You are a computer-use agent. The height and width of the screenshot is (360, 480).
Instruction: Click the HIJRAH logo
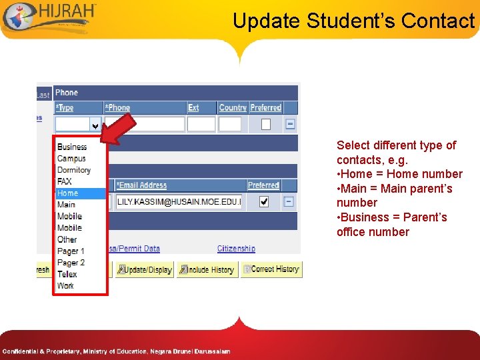pos(50,17)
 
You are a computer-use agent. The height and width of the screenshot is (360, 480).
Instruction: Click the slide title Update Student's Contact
pos(353,21)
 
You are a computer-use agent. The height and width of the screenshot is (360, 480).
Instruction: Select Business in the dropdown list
pos(72,147)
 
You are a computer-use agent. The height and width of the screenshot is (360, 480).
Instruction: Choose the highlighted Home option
pos(67,193)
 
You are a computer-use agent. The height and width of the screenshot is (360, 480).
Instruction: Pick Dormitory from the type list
pos(73,170)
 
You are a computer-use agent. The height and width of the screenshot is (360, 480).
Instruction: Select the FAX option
pos(65,181)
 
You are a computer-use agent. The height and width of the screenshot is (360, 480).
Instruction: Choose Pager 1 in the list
pos(71,251)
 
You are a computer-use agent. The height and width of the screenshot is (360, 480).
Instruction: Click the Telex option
pos(67,274)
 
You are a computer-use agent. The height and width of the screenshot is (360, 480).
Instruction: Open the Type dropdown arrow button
pos(95,125)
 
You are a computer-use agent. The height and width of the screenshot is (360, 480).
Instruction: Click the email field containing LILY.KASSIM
pos(179,201)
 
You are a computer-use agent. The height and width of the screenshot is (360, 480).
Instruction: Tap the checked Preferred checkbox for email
pos(264,201)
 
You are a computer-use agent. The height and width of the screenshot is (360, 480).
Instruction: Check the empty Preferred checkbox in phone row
pos(266,124)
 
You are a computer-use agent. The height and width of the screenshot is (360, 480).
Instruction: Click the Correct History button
pos(271,269)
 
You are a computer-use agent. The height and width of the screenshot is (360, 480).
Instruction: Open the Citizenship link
pos(236,249)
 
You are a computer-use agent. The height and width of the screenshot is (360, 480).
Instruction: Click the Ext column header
pos(193,107)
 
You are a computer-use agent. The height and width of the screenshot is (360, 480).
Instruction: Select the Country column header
pos(233,107)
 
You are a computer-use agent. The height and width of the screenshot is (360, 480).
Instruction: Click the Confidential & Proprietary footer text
pos(116,351)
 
